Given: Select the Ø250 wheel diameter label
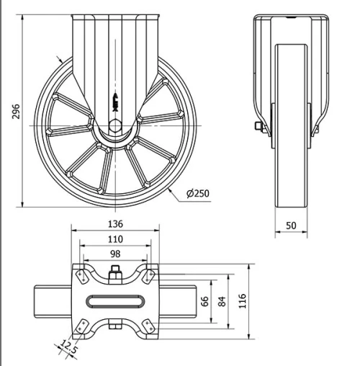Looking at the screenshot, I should [x=198, y=194].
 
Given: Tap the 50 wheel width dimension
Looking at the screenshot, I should [x=291, y=225].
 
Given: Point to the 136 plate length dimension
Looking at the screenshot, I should [x=115, y=223].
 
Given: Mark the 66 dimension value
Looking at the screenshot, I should [x=204, y=301].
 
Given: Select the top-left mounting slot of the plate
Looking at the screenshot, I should [x=80, y=275].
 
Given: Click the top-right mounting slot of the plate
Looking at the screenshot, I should [x=150, y=275].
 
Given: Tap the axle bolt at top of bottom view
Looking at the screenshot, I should [x=115, y=273].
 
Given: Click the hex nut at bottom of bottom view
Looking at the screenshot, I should [x=115, y=329].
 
